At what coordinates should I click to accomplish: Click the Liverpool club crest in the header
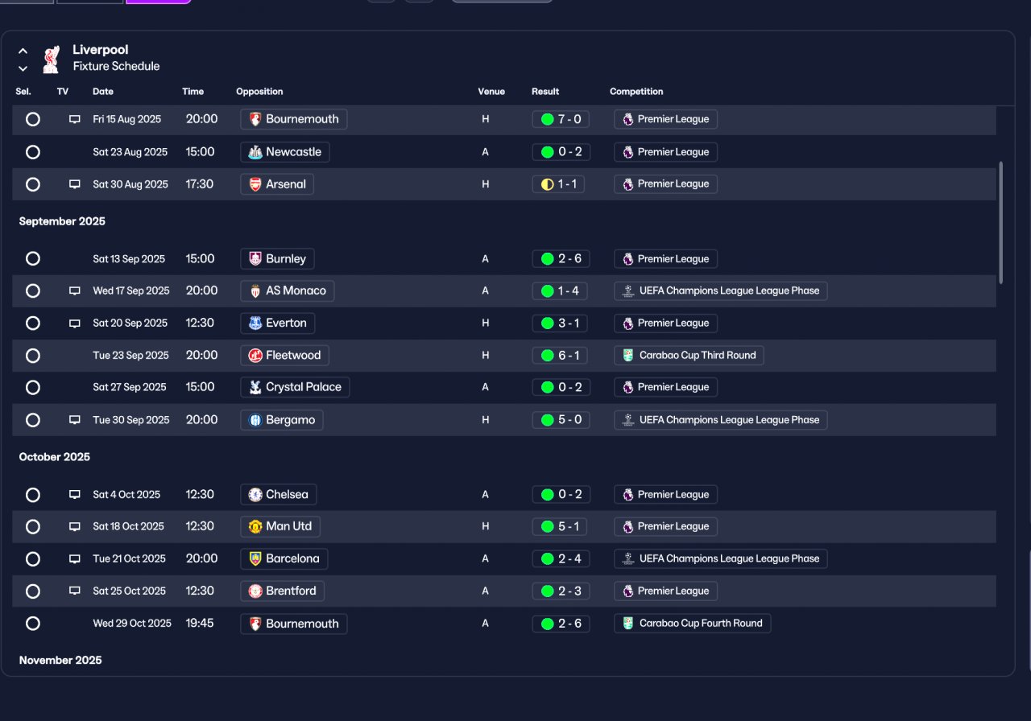tap(51, 59)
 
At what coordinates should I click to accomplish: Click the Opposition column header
tap(259, 92)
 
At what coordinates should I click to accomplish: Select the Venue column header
tap(491, 92)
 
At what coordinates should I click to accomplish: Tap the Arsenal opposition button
tap(277, 184)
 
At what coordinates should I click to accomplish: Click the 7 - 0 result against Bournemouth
tap(561, 120)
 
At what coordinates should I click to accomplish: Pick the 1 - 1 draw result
tap(558, 184)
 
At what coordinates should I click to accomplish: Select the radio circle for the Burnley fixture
tap(33, 259)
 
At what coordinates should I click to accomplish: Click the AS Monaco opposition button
tap(288, 291)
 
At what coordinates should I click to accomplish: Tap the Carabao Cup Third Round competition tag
tap(689, 356)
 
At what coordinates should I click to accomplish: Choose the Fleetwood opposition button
tap(284, 356)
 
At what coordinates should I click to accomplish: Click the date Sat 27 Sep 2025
tap(130, 388)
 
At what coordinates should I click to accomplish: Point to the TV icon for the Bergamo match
tap(75, 420)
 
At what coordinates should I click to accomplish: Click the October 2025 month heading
tap(54, 457)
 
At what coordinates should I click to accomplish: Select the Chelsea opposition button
tap(279, 495)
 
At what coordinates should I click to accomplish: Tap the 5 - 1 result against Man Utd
tap(560, 526)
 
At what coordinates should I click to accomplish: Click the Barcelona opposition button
tap(284, 559)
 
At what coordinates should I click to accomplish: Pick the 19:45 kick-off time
tap(199, 624)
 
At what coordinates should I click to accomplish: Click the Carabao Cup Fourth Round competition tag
tap(692, 624)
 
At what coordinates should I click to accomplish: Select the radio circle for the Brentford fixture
tap(33, 591)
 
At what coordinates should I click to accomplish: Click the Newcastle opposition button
tap(285, 152)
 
